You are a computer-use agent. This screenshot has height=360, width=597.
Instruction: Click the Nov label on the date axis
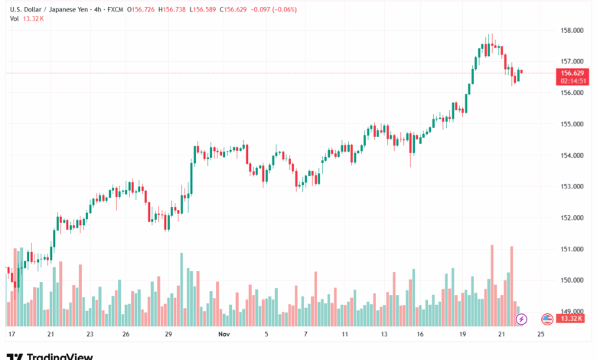[223, 335]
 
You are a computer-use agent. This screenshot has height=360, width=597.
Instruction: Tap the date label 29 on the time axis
[168, 335]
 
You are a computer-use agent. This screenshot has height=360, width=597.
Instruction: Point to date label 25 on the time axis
[540, 335]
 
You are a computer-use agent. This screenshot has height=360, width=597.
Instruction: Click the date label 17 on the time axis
[11, 335]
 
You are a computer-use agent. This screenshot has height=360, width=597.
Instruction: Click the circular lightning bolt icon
[522, 318]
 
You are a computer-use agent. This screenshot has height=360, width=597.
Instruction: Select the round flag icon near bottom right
[546, 319]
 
